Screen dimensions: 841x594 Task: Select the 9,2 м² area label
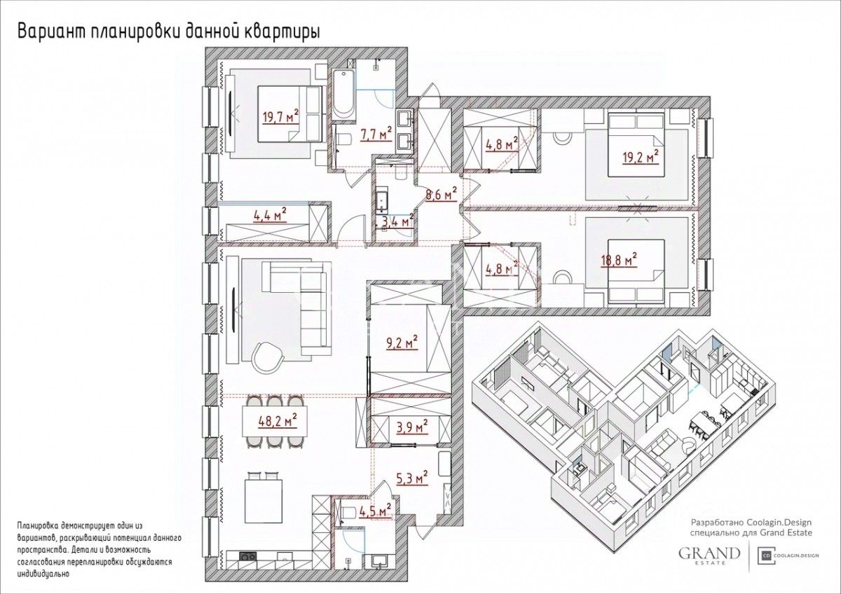(402, 343)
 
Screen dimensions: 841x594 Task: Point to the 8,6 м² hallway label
(441, 193)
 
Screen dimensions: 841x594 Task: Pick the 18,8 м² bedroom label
(619, 260)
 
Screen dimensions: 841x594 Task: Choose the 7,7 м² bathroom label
(376, 134)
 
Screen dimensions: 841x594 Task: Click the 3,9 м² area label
(412, 427)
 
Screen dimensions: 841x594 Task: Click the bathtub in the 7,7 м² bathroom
(343, 95)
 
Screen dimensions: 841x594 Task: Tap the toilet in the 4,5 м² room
(348, 512)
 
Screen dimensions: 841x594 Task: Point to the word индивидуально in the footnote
(43, 584)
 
